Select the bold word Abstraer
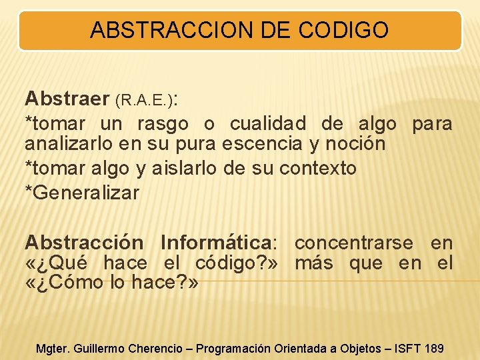[x=67, y=99]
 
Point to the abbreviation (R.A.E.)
[x=144, y=101]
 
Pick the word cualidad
[x=268, y=124]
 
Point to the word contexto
[x=318, y=169]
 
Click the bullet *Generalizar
[x=82, y=193]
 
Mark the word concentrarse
[x=353, y=243]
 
